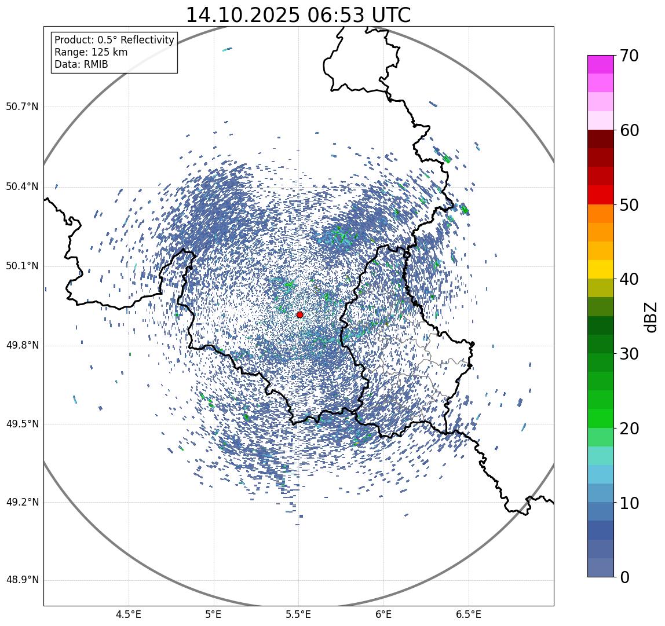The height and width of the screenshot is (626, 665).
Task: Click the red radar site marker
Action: point(299,314)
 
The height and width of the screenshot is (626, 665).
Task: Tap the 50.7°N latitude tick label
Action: point(22,107)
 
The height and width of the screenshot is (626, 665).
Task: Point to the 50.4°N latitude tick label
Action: point(22,186)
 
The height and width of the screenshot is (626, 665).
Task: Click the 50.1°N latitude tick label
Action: point(22,266)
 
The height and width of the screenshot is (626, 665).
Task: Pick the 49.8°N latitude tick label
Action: point(22,346)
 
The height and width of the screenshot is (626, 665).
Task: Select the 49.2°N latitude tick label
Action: point(22,502)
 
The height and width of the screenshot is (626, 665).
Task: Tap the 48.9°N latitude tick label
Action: point(22,580)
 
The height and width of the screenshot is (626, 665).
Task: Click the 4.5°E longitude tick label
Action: point(129,614)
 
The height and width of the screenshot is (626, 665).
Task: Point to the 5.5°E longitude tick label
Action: point(298,614)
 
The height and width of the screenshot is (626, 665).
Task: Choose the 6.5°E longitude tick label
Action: point(468,614)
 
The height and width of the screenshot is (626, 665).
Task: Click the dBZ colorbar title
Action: point(651,317)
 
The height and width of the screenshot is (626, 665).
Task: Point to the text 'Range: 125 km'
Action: point(91,52)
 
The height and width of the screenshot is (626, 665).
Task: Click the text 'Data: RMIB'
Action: point(81,64)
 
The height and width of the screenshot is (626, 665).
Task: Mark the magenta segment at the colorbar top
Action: point(601,64)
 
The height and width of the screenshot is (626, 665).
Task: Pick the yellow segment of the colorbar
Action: point(601,269)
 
